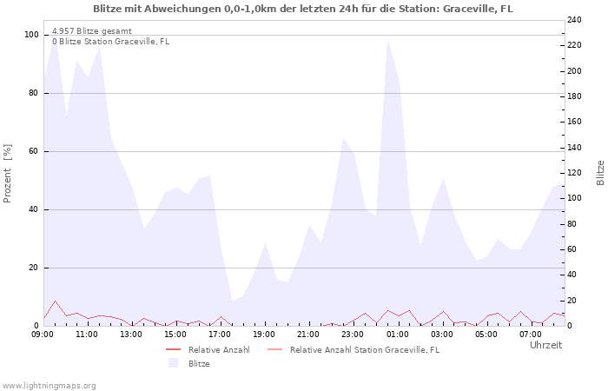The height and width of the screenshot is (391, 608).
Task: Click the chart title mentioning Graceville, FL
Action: point(303,9)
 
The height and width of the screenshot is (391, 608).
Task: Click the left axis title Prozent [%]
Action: point(8,173)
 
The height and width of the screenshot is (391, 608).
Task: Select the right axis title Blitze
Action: point(600,172)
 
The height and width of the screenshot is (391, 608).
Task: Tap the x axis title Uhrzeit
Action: point(545,345)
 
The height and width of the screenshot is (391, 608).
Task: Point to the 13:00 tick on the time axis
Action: point(132,334)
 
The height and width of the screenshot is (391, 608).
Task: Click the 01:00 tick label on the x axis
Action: point(398,334)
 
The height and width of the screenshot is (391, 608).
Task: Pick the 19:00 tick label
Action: point(265,334)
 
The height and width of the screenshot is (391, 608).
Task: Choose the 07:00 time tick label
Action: point(531,334)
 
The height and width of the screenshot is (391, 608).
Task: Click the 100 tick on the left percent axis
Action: point(32,35)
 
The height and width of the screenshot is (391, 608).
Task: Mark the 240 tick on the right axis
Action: point(575,20)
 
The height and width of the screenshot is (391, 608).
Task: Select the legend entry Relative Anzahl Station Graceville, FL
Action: point(364,349)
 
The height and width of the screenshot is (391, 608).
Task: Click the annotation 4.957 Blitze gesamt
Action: point(92,31)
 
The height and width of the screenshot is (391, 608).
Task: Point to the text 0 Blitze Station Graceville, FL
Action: point(110,41)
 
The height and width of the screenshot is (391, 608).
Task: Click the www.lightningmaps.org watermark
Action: point(50,385)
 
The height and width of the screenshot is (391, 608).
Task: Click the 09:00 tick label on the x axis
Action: point(43,334)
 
